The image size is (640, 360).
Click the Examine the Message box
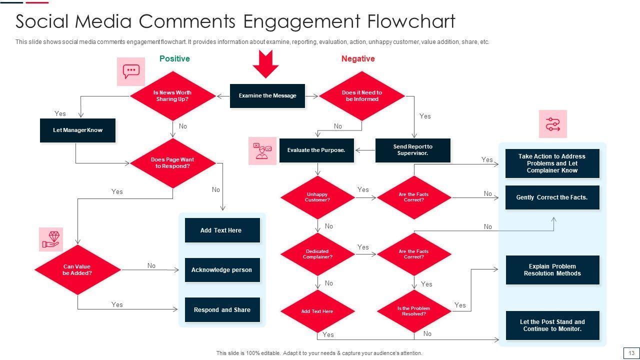267,95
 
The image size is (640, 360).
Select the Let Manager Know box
77,130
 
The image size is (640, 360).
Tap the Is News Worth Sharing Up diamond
172,96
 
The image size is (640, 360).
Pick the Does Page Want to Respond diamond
172,163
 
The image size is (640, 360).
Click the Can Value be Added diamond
77,270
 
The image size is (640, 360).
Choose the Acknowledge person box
222,270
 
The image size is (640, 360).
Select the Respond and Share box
222,310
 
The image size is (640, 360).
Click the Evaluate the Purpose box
316,150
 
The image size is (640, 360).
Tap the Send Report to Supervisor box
412,150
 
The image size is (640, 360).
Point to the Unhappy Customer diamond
317,197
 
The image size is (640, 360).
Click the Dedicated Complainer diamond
317,254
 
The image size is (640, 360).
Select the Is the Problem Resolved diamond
414,311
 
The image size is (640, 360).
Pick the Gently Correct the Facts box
552,197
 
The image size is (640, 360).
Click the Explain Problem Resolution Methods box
552,270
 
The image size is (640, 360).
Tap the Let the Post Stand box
552,325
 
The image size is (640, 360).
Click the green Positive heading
174,58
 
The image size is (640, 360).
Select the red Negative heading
358,58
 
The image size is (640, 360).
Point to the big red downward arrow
265,63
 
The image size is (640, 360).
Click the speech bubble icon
131,71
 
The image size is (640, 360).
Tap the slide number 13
631,353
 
